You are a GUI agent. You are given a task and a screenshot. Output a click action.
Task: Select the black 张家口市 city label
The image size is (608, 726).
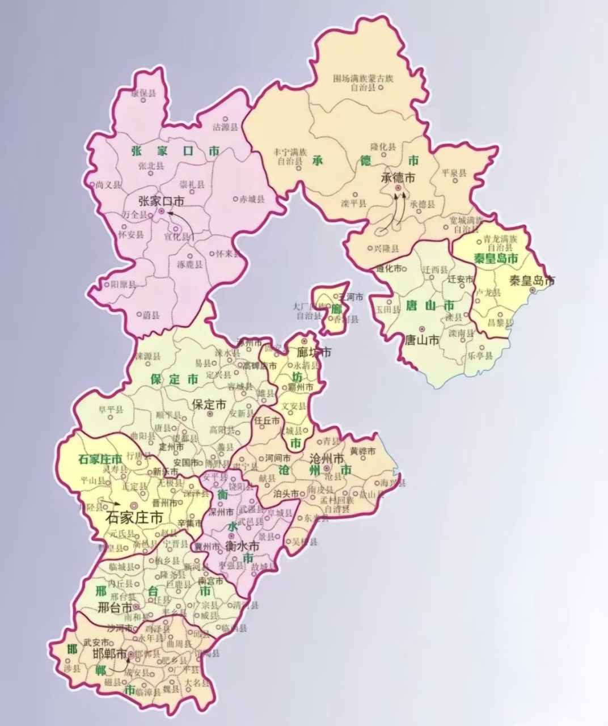(x=162, y=201)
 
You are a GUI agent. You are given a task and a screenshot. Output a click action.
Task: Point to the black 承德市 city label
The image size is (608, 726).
(x=398, y=178)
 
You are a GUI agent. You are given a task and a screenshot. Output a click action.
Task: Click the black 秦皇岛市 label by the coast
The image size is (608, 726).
(x=531, y=280)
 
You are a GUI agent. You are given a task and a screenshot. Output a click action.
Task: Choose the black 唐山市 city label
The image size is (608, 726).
(x=421, y=340)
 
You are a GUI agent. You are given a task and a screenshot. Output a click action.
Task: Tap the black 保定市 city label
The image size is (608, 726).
(x=209, y=404)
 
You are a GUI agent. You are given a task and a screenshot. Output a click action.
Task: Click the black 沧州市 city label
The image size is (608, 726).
(x=328, y=458)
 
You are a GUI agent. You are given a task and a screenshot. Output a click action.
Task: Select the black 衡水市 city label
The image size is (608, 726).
(x=242, y=547)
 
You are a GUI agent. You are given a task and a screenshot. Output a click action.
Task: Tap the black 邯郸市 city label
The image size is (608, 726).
(x=109, y=654)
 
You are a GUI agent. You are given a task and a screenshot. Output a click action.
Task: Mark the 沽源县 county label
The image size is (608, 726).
(x=225, y=127)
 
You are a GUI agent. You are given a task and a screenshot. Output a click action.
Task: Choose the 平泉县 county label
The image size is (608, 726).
(x=454, y=173)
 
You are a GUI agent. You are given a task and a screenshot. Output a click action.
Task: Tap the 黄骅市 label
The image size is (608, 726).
(x=362, y=451)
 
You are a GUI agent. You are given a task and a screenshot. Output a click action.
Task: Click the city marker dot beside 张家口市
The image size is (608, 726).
(x=162, y=211)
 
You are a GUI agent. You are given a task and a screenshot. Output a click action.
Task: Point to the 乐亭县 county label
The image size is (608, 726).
(x=480, y=356)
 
